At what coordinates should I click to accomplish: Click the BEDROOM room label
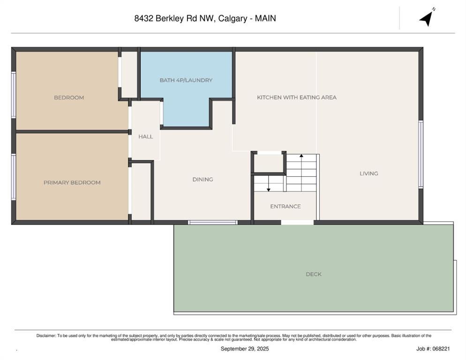click(x=69, y=97)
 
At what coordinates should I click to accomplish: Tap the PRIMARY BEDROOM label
click(x=72, y=182)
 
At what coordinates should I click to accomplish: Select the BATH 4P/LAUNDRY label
click(x=186, y=80)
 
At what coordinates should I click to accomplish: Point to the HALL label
click(x=145, y=136)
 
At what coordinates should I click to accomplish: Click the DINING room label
click(x=203, y=179)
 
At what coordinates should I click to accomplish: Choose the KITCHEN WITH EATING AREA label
click(x=296, y=97)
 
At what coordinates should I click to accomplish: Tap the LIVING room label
click(x=368, y=173)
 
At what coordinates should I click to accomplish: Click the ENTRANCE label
click(x=285, y=206)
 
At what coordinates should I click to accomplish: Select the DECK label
click(x=313, y=274)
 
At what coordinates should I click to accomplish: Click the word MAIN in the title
click(x=265, y=19)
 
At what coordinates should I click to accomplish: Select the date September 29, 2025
click(x=245, y=349)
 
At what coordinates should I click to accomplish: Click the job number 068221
click(x=442, y=349)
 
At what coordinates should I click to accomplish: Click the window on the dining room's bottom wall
click(x=213, y=222)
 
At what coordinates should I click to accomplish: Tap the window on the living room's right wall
click(x=421, y=154)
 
